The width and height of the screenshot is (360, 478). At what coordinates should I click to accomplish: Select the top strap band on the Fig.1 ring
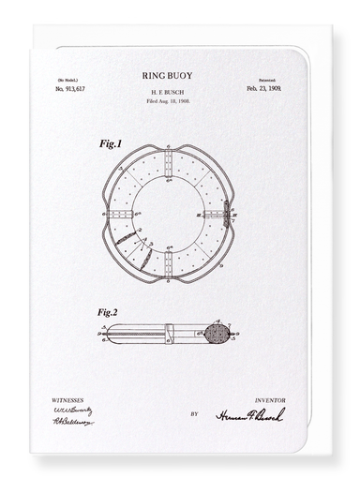[167, 163]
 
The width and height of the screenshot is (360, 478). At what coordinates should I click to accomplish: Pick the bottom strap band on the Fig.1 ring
[167, 264]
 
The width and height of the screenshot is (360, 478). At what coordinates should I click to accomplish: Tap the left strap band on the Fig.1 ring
[119, 214]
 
